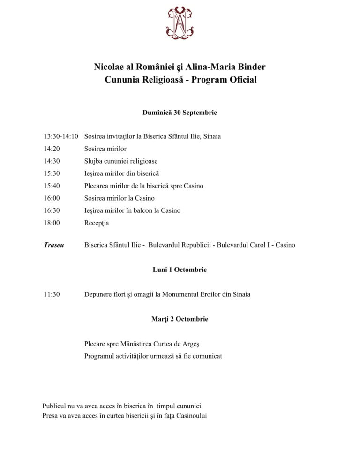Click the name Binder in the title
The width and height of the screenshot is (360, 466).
252,67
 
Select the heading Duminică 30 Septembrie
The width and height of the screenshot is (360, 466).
180,113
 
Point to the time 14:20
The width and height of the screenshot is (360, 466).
52,149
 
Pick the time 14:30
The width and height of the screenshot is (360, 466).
52,161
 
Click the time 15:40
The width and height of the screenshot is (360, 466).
52,186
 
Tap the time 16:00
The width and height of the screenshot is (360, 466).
52,198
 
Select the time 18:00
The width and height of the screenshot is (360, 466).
52,223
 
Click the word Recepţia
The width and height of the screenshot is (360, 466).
97,223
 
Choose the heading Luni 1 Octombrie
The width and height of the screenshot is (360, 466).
180,270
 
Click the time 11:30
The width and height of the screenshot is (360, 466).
52,294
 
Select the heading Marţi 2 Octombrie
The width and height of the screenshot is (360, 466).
180,319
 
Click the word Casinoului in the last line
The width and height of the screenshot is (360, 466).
192,415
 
